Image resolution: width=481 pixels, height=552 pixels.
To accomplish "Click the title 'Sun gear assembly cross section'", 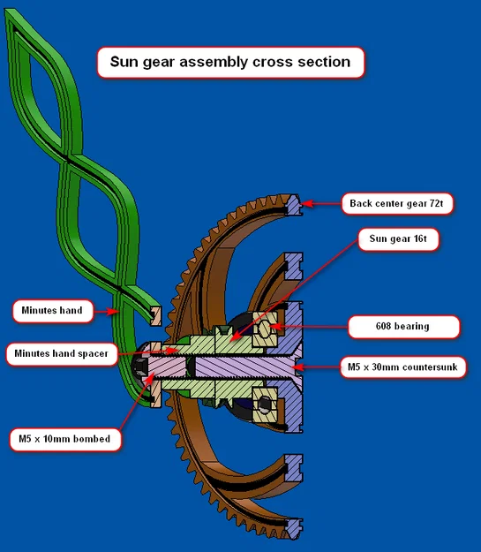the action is point(230,62).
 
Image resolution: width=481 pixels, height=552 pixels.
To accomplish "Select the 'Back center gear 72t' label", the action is point(397,203).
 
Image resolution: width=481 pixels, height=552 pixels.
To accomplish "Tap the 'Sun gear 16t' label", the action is point(398,239).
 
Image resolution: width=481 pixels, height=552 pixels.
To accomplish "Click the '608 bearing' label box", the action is point(403,326).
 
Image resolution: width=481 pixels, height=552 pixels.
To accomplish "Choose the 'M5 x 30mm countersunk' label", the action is point(402,367).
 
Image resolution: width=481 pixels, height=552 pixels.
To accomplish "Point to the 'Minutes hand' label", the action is point(52,311).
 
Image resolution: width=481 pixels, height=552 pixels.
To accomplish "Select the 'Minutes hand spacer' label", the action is point(62,353).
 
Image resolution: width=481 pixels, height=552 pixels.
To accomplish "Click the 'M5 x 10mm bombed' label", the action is point(64,439).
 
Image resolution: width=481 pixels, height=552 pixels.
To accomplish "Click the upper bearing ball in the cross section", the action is point(265,329).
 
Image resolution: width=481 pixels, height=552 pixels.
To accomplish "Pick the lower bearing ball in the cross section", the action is point(265,404).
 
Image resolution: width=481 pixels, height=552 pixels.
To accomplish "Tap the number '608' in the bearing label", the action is point(383,326).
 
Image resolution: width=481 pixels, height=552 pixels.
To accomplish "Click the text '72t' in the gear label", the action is point(436,203).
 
